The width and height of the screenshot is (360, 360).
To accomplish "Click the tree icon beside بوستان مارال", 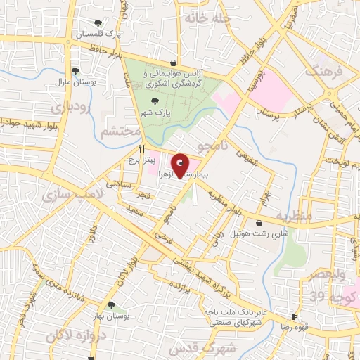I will point(75,70).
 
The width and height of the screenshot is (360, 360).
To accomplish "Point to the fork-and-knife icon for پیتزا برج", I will point(141,149).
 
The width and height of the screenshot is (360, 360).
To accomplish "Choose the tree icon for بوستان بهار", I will point(111,304).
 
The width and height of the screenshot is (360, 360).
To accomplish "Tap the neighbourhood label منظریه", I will point(293,215).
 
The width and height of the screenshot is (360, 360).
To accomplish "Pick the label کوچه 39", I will point(323,295).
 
